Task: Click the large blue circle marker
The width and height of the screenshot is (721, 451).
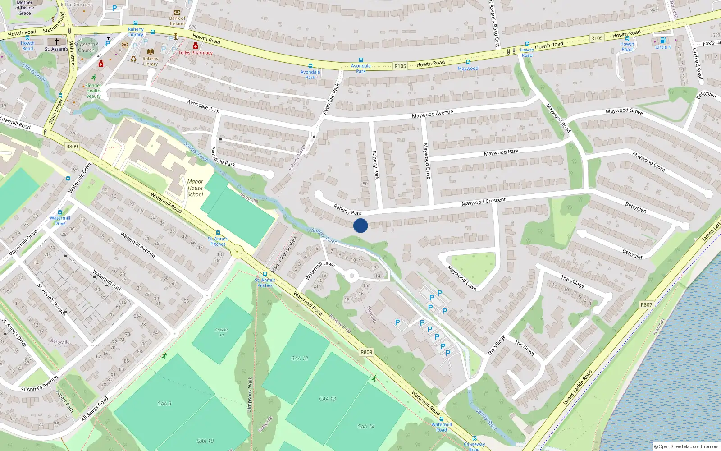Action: (x=360, y=225)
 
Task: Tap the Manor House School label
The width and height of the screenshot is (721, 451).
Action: (x=195, y=188)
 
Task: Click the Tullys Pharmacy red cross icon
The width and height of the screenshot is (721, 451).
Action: (x=195, y=46)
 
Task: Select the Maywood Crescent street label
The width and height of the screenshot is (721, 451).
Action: (x=483, y=202)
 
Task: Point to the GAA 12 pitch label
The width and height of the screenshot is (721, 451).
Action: (x=300, y=359)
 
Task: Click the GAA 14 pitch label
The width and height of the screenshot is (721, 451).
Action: (x=365, y=426)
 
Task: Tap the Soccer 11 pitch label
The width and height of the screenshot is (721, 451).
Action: (x=221, y=332)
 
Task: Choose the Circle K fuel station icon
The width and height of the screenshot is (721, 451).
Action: (x=662, y=41)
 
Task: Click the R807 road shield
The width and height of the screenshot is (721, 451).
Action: (x=646, y=305)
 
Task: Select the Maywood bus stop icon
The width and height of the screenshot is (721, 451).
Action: (x=468, y=62)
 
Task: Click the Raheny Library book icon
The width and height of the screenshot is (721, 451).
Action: (x=150, y=52)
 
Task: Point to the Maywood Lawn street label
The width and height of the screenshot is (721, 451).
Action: (x=462, y=278)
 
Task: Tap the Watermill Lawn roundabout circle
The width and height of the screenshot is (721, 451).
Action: (x=351, y=276)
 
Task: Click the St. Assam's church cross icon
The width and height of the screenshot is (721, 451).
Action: (x=57, y=41)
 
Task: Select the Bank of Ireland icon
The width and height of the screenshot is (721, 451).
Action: (x=177, y=12)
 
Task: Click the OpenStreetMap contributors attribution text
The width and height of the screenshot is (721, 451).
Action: (x=688, y=446)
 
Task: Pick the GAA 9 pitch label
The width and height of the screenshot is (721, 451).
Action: (x=164, y=404)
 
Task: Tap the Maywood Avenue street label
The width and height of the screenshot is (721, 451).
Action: (x=432, y=114)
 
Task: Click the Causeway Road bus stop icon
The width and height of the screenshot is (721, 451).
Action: (x=474, y=438)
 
